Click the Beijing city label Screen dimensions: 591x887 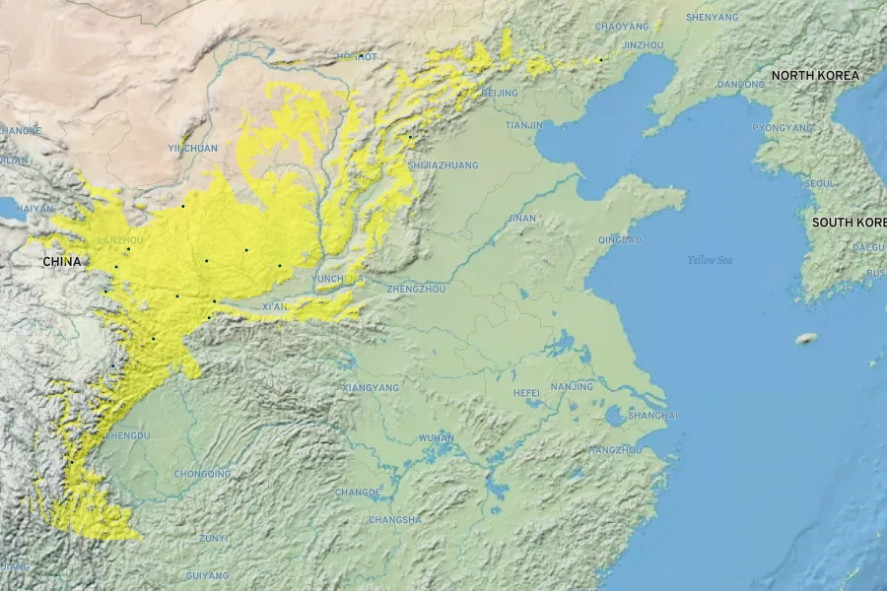[x=501, y=93]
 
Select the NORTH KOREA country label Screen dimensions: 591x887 [x=815, y=76]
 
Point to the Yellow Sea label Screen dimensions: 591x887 [x=711, y=260]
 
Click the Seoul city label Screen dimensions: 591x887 [x=820, y=184]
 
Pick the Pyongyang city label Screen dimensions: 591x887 [x=783, y=128]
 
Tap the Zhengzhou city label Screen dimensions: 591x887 [x=416, y=290]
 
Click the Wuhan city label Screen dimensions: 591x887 [x=437, y=437]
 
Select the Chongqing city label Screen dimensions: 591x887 [x=202, y=474]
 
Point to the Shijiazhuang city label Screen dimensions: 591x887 [x=443, y=165]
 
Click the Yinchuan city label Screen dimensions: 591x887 [x=193, y=148]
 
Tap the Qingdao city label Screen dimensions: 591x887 [x=620, y=239]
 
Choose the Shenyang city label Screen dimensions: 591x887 [x=712, y=18]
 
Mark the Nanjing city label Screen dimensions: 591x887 [x=572, y=386]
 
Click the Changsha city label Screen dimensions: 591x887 [x=395, y=519]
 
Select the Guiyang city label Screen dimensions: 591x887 [x=207, y=575]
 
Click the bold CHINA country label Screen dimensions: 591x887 [x=62, y=262]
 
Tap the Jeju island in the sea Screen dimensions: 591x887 [x=806, y=339]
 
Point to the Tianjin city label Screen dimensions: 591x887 [x=523, y=125]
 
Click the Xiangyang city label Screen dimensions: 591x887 [x=371, y=388]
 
